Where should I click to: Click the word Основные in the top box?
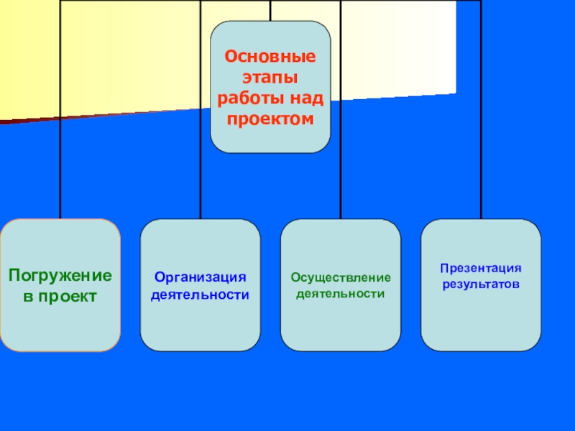[x=270, y=56]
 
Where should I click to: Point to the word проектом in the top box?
[x=270, y=118]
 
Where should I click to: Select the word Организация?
[x=200, y=277]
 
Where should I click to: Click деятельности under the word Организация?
[x=200, y=295]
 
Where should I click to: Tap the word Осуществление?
[x=341, y=277]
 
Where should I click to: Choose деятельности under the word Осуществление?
[x=341, y=294]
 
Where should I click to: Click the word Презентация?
[x=481, y=268]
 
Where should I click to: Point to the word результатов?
[x=481, y=284]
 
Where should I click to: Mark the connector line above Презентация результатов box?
[x=481, y=144]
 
